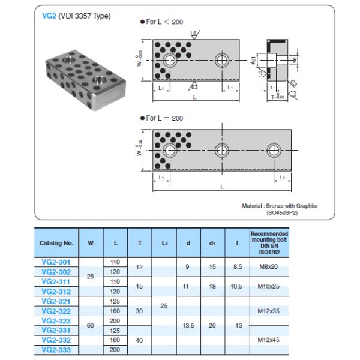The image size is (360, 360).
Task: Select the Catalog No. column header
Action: point(56,244)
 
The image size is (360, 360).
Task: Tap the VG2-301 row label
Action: point(56,262)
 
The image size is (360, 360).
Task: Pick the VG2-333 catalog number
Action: point(56,349)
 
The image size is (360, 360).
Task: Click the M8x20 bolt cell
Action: point(268,266)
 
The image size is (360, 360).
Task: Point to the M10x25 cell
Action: point(268,286)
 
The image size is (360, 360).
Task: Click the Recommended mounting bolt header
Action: point(268,242)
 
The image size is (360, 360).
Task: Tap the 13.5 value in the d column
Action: point(188,325)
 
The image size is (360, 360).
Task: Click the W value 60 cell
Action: point(91,325)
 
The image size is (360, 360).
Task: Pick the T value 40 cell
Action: point(140,340)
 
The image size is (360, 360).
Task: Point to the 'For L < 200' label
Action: point(161,22)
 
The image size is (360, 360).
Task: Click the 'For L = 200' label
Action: point(161,118)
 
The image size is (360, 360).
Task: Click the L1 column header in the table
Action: point(164,244)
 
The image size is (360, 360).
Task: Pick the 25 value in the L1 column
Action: point(164,306)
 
